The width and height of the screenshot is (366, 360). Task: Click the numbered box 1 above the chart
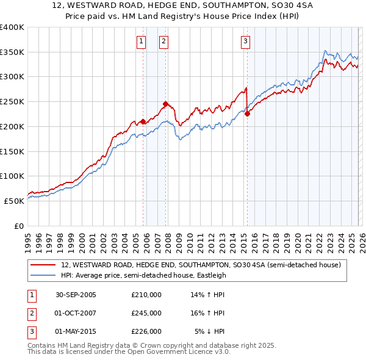[141, 41]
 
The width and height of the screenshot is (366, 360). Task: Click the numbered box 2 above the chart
[163, 41]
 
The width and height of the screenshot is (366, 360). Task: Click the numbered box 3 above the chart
[245, 41]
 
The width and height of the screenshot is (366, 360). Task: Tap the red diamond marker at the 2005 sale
[143, 121]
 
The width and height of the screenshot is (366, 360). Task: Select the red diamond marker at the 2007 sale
[165, 104]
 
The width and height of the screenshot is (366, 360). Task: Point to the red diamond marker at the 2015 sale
[247, 113]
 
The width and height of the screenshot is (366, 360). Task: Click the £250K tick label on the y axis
[12, 102]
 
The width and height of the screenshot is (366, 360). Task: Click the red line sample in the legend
[43, 265]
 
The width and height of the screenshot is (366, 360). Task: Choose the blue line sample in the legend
[43, 275]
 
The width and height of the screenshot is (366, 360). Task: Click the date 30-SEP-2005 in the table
[76, 295]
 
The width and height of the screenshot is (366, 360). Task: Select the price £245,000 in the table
[146, 313]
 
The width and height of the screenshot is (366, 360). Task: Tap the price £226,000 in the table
[146, 331]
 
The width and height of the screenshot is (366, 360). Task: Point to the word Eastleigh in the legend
[209, 275]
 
